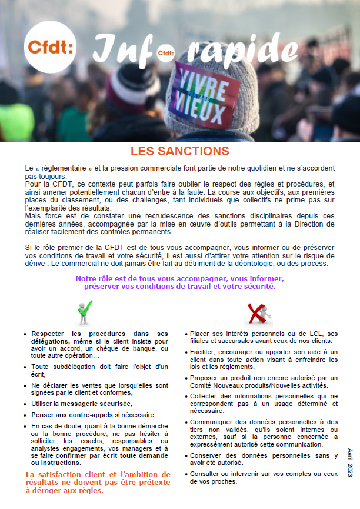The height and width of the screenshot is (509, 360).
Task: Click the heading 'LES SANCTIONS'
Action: click(180, 151)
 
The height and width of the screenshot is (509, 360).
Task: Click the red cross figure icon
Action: click(258, 314)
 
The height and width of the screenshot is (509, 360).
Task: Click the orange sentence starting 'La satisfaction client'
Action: click(98, 482)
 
